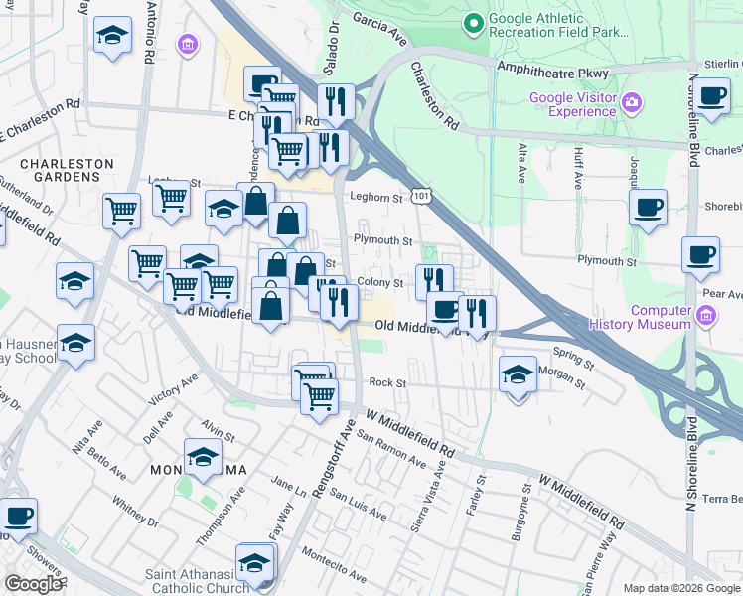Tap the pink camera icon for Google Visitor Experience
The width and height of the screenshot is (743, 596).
click(x=630, y=102)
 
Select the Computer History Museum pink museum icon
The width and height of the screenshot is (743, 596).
click(x=705, y=316)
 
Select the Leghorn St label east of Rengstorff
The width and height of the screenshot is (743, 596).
click(x=382, y=198)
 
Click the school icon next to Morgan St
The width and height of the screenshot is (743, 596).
click(x=517, y=375)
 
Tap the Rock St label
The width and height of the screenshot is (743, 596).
click(x=387, y=382)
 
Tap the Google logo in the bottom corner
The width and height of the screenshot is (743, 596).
click(x=33, y=584)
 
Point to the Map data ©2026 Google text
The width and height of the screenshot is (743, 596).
click(x=680, y=588)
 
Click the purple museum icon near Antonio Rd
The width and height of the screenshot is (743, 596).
click(x=186, y=45)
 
